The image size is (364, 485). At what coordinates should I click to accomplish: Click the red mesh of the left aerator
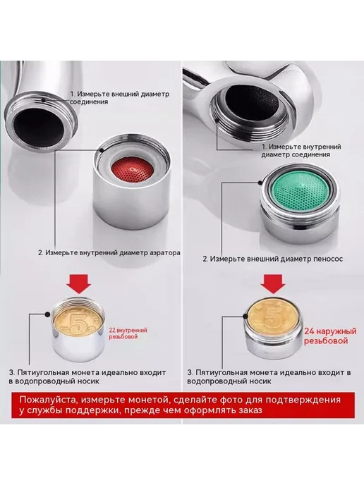coord(132,170)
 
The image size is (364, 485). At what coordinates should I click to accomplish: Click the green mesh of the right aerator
coord(301,190)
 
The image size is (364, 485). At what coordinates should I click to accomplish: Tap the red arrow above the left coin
coord(79,283)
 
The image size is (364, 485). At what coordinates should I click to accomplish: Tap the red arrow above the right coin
coord(273,283)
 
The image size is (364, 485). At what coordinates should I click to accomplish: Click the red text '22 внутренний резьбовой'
coord(128,333)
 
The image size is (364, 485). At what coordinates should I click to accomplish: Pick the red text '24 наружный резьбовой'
coord(330,336)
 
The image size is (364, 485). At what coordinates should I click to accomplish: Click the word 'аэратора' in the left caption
coord(165,252)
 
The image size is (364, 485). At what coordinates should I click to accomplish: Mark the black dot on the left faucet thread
coord(44,100)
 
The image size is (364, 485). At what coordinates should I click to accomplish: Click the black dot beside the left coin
coord(47,314)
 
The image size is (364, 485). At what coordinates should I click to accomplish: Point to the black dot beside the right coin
coord(245,316)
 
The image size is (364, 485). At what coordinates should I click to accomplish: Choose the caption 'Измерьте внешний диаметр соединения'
coord(119,98)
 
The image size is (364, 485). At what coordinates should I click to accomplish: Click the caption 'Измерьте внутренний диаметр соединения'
coord(301,151)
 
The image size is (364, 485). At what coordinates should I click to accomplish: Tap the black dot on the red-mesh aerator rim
coord(102,151)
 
